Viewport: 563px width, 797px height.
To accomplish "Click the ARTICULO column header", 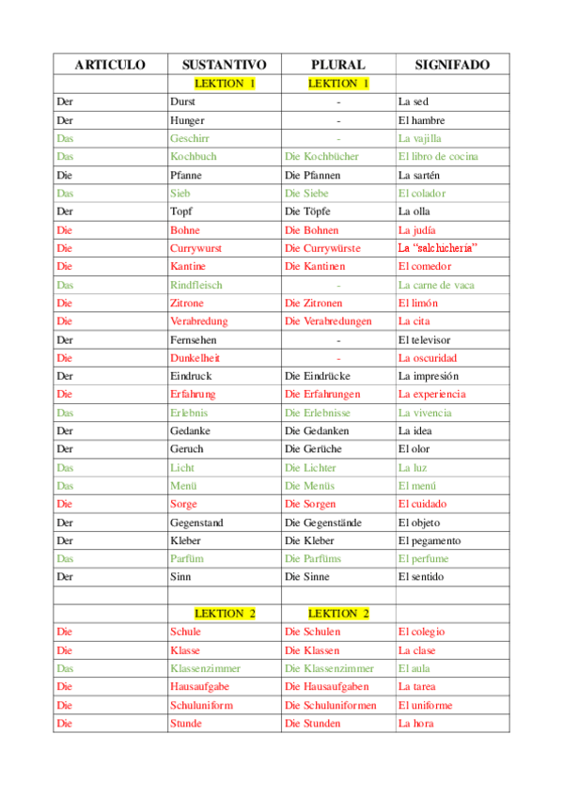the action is [110, 65].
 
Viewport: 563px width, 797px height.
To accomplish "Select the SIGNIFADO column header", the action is [452, 65].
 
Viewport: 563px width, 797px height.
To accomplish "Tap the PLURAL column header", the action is [338, 65].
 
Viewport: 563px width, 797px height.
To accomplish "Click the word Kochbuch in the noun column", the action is [193, 156].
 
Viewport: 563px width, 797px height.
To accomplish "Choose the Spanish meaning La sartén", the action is [421, 175].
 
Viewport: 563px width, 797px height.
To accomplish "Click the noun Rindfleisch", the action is [197, 285].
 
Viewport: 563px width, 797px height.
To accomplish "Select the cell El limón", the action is [418, 303].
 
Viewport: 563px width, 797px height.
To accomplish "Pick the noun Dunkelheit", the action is [195, 358].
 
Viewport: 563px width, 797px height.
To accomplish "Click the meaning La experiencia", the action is [431, 395].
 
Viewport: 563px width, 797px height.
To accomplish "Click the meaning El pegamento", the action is [430, 540].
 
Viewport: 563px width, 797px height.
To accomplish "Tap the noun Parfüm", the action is [187, 559].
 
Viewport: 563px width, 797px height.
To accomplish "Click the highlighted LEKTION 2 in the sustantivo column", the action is [225, 614].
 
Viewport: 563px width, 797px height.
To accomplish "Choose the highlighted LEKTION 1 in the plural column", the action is [338, 84].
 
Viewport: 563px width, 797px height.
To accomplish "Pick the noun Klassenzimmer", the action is [205, 668].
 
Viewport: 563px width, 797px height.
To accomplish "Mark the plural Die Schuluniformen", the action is [330, 705].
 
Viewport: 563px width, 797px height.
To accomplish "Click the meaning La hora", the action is [416, 724].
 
